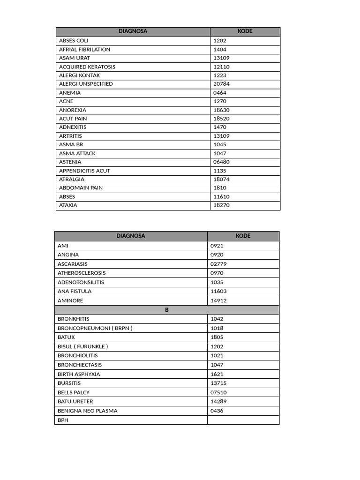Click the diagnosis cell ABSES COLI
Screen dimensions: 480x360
click(x=74, y=41)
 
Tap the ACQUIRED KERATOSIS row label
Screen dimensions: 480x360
click(x=87, y=67)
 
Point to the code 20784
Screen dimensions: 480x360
click(x=221, y=84)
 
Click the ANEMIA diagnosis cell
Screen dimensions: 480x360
click(x=70, y=93)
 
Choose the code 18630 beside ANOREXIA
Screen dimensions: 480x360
click(x=221, y=110)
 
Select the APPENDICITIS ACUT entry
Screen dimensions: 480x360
click(x=85, y=171)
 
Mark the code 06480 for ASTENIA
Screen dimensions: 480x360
click(x=221, y=162)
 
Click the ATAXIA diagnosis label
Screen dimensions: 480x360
click(x=68, y=205)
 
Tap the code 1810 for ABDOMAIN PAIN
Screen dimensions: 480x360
click(x=220, y=188)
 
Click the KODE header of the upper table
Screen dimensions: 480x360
click(x=245, y=31)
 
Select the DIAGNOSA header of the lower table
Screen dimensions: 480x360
click(x=131, y=236)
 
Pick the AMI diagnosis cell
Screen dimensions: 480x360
click(x=63, y=246)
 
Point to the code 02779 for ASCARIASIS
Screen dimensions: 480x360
click(x=218, y=264)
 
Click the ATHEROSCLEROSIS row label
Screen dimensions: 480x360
click(x=82, y=273)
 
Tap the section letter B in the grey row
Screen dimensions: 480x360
click(x=166, y=310)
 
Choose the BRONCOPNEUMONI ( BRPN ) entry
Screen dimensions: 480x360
click(x=95, y=328)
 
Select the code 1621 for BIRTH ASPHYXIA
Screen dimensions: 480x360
click(x=217, y=374)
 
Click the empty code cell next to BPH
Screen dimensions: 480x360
click(x=243, y=420)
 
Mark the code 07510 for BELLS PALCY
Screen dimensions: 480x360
click(x=218, y=392)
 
